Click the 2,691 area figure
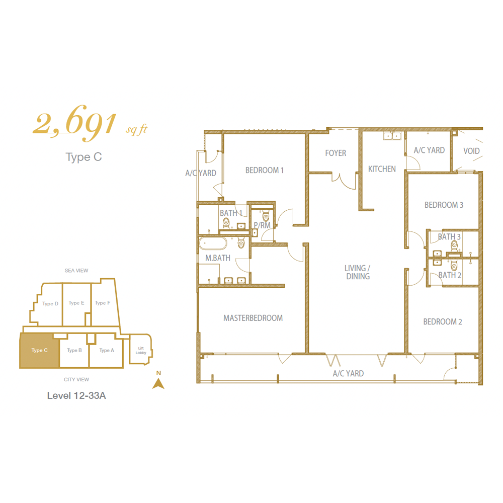point(74,124)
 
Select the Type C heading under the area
point(83,157)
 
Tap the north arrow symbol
point(158,383)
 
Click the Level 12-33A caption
point(76,395)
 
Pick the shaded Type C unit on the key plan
point(39,350)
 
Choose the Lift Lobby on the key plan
point(141,350)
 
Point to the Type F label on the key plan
point(102,303)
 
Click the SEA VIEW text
point(76,271)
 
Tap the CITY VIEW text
point(76,379)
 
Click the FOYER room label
point(336,153)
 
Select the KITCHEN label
point(382,169)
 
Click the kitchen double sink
point(392,136)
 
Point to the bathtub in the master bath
point(213,243)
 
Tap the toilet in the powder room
point(266,216)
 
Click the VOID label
point(471,151)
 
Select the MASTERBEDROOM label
point(253,318)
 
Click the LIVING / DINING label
point(358,272)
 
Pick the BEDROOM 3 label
point(444,205)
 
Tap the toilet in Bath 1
point(226,222)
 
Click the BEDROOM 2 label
point(443,322)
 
